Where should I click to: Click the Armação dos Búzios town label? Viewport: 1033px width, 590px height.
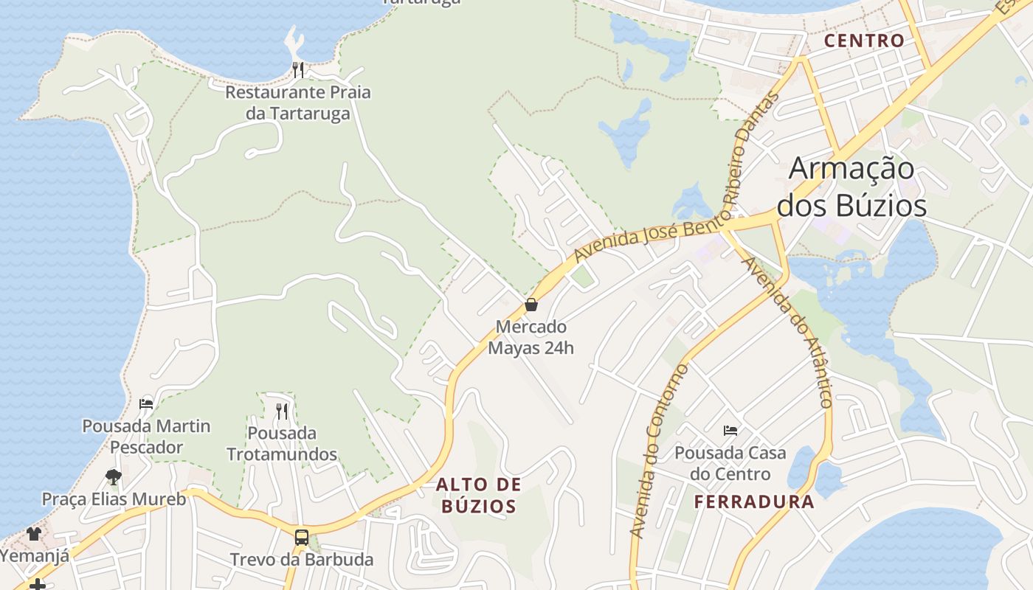tap(851, 187)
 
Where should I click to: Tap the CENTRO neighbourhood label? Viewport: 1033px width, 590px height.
tap(864, 41)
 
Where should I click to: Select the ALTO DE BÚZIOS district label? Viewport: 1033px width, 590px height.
tap(478, 496)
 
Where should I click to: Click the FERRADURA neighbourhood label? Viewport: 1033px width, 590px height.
tap(754, 502)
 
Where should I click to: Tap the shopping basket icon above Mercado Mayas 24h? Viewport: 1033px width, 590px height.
tap(531, 305)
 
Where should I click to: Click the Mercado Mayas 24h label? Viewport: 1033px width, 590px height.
tap(531, 337)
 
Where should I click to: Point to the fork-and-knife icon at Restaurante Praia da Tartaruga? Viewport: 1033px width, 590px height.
tap(298, 70)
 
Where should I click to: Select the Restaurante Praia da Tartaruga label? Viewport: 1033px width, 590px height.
tap(298, 103)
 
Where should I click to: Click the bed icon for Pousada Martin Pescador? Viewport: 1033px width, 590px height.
tap(146, 404)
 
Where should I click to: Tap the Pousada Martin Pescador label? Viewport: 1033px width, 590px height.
tap(146, 437)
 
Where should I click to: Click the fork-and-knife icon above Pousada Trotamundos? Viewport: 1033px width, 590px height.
tap(282, 411)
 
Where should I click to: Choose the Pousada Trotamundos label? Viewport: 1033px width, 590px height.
tap(282, 443)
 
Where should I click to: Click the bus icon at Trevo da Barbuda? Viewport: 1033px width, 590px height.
tap(302, 537)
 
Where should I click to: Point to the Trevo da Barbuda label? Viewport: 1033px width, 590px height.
tap(302, 560)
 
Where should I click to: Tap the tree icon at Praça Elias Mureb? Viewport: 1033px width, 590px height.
tap(114, 476)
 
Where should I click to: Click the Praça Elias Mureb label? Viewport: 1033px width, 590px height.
tap(114, 499)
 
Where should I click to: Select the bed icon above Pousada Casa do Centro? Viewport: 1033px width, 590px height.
tap(730, 430)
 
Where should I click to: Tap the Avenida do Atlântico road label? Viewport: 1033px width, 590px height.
tap(789, 332)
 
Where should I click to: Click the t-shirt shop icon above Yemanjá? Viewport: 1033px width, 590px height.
tap(34, 533)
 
